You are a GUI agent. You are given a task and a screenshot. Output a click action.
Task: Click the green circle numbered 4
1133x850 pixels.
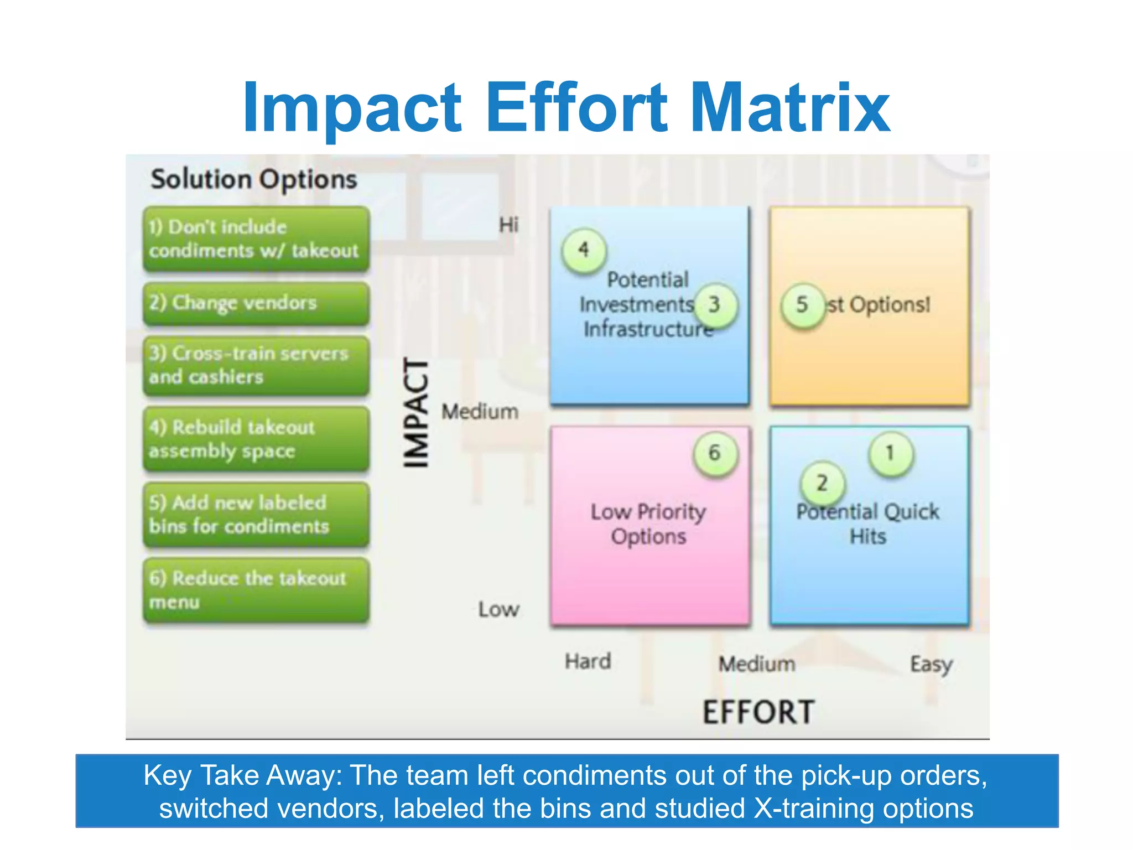584,250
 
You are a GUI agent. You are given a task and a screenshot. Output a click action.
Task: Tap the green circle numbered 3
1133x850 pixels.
715,304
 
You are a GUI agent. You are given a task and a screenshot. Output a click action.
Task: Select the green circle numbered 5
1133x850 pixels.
802,305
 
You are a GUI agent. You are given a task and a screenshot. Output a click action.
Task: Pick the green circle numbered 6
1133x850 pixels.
715,453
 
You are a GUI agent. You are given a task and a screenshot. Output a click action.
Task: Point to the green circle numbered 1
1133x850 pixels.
890,453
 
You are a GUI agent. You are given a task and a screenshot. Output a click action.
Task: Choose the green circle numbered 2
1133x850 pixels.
822,483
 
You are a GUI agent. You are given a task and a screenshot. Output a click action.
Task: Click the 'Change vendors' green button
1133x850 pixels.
256,303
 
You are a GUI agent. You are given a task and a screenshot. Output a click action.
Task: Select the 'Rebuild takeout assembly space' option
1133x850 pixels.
256,439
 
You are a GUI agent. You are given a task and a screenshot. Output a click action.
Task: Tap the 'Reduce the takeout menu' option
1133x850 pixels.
256,590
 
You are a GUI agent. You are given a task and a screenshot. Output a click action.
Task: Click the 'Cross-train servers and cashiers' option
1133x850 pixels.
256,365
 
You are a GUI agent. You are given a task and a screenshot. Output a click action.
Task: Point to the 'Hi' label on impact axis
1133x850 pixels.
508,225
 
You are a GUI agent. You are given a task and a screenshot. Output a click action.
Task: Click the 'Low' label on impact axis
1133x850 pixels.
498,609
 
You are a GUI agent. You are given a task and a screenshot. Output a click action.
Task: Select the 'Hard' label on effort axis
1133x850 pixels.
588,661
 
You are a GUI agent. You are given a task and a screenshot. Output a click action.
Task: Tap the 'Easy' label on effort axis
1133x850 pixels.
931,664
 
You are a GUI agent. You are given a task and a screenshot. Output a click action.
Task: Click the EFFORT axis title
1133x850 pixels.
758,712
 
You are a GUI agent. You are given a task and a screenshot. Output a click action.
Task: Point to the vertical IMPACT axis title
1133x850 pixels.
416,412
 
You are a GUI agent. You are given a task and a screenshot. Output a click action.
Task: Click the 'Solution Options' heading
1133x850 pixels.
254,179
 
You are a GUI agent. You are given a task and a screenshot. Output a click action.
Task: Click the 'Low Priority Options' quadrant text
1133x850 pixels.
648,524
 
